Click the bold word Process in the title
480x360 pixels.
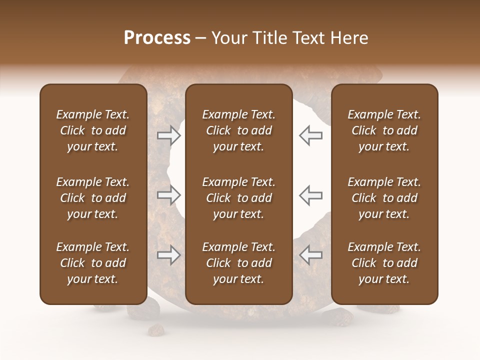[x=157, y=37]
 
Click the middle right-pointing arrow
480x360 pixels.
[x=169, y=195]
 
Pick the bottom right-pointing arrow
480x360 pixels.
[x=169, y=255]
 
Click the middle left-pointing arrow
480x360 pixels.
[x=310, y=195]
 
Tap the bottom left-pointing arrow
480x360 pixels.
[x=310, y=255]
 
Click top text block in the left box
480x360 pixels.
[x=93, y=130]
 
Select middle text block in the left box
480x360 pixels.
[x=93, y=198]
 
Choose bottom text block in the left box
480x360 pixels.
[x=93, y=263]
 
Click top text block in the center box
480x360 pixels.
[x=238, y=130]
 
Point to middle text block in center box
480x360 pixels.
[x=238, y=198]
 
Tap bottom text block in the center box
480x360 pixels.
[x=238, y=263]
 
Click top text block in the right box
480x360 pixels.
[x=384, y=130]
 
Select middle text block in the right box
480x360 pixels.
[x=384, y=198]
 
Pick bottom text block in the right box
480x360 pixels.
[x=384, y=263]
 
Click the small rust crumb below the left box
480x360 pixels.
[x=157, y=329]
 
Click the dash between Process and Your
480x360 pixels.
[x=200, y=38]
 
